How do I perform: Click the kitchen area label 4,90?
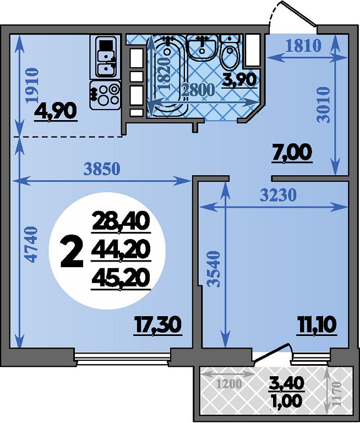point(55,111)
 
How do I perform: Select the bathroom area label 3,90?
point(239,80)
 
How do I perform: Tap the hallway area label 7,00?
point(292,153)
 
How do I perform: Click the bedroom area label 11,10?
point(317,325)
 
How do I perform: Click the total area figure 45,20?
point(121,278)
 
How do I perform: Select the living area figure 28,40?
point(121,221)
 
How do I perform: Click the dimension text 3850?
point(102,170)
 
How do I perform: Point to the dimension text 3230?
point(279,195)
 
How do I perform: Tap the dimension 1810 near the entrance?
point(303,46)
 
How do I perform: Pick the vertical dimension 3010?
point(323,105)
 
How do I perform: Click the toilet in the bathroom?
point(230,52)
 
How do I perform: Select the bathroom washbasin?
point(202,48)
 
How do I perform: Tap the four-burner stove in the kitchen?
point(105,95)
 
